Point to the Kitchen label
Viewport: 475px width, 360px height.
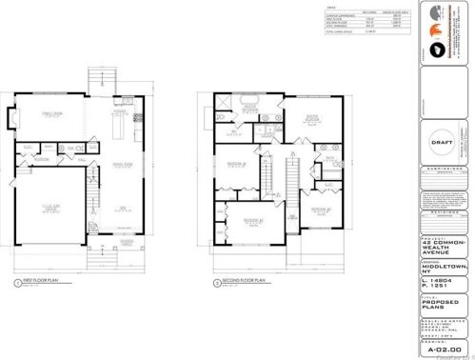click(x=122, y=111)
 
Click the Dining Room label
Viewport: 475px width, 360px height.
click(x=122, y=165)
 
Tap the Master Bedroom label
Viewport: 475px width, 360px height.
click(x=309, y=121)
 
